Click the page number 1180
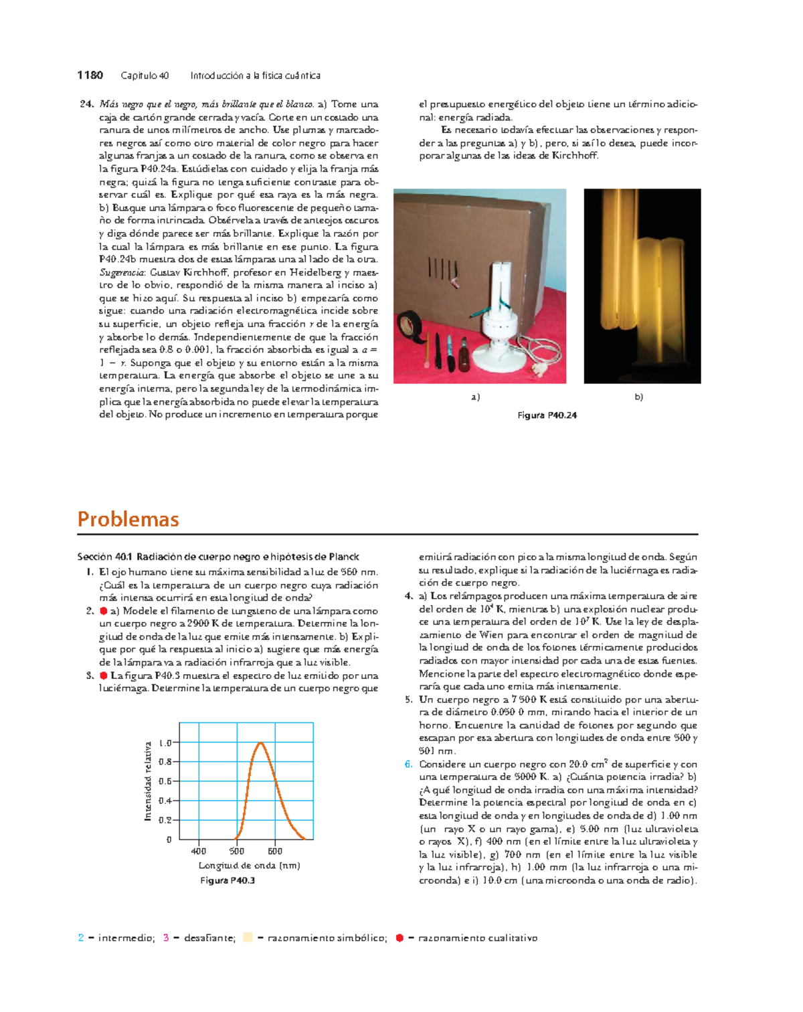[x=90, y=76]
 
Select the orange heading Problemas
[x=128, y=519]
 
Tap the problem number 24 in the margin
[x=86, y=104]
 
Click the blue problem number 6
[x=408, y=764]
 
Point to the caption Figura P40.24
[x=547, y=415]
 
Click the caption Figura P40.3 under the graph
[x=228, y=880]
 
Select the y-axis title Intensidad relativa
[x=148, y=781]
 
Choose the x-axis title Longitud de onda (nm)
[x=249, y=866]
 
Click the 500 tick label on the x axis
[x=237, y=851]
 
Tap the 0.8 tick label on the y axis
[x=165, y=762]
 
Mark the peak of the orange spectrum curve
[x=260, y=742]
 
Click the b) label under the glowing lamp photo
[x=638, y=397]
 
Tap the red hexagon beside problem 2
[x=104, y=611]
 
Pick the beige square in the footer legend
[x=248, y=938]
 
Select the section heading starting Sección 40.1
[x=218, y=556]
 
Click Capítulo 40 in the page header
[x=145, y=76]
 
